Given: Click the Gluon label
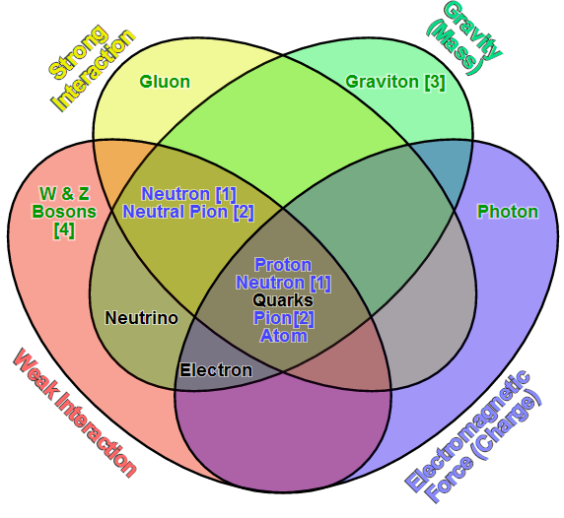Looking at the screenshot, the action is [x=165, y=82].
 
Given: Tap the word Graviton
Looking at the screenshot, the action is [x=382, y=82].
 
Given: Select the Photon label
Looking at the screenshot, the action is [x=508, y=212].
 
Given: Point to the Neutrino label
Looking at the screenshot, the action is [x=141, y=318].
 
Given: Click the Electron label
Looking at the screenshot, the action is [x=216, y=370].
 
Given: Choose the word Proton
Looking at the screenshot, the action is [x=283, y=265].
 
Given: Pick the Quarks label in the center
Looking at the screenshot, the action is [x=283, y=300].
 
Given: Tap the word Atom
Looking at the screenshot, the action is [x=284, y=336].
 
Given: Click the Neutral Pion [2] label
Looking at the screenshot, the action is [x=188, y=212].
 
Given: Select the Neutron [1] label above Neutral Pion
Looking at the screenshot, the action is [x=189, y=194].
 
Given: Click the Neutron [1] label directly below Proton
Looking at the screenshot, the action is [x=283, y=283].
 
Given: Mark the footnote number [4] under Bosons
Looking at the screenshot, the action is [x=64, y=229].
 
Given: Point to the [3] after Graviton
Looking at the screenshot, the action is [x=435, y=83].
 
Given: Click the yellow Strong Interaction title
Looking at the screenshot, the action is [x=92, y=67].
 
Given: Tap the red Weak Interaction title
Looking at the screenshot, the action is [x=75, y=413].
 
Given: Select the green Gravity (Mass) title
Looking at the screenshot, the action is [x=464, y=38].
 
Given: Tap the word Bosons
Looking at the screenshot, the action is [x=64, y=212].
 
